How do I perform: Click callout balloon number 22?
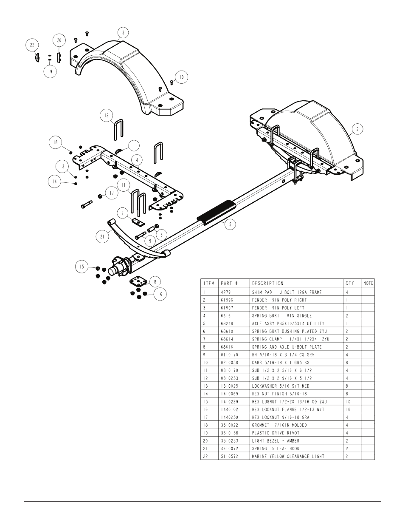33,44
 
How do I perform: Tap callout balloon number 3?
123,33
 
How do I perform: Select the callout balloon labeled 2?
358,129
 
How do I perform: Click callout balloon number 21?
102,237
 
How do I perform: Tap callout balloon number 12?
107,115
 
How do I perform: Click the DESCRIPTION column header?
267,284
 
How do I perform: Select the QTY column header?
349,284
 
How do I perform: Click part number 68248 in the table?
229,324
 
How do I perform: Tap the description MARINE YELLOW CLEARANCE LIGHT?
288,456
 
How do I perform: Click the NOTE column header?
368,284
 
